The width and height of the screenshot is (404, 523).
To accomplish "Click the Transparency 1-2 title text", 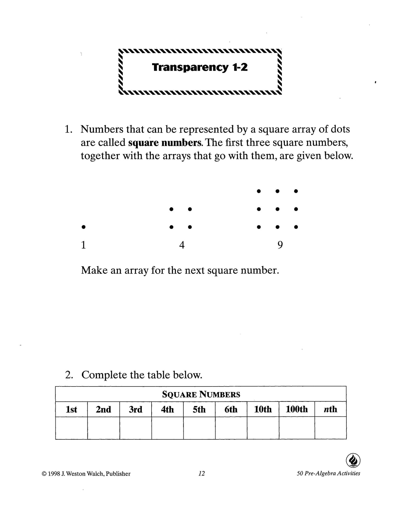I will pyautogui.click(x=200, y=67).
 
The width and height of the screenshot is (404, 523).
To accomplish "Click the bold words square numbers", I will pyautogui.click(x=165, y=143).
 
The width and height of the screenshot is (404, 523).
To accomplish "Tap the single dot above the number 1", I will pyautogui.click(x=83, y=227).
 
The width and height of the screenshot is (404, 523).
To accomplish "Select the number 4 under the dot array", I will pyautogui.click(x=182, y=245).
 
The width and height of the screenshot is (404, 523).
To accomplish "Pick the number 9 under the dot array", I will pyautogui.click(x=280, y=245).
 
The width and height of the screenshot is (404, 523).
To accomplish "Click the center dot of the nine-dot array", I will pyautogui.click(x=277, y=209).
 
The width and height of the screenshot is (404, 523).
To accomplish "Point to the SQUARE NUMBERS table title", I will pyautogui.click(x=201, y=394).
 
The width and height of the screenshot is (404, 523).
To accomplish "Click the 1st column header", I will pyautogui.click(x=71, y=409).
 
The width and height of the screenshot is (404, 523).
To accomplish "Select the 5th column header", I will pyautogui.click(x=199, y=409).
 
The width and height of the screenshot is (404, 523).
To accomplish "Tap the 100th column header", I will pyautogui.click(x=297, y=409).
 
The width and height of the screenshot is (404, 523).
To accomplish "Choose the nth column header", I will pyautogui.click(x=330, y=409).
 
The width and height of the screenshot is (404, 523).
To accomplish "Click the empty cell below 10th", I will pyautogui.click(x=263, y=428).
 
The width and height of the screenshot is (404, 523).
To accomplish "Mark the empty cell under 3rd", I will pyautogui.click(x=136, y=428).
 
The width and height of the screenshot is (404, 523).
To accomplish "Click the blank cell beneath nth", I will pyautogui.click(x=330, y=428).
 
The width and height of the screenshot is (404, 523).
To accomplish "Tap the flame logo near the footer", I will pyautogui.click(x=353, y=460).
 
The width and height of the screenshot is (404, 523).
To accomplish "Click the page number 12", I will pyautogui.click(x=202, y=473).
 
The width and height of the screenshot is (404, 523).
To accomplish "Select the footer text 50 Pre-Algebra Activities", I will pyautogui.click(x=329, y=473).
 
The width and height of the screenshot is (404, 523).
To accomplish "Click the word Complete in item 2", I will pyautogui.click(x=105, y=375).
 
